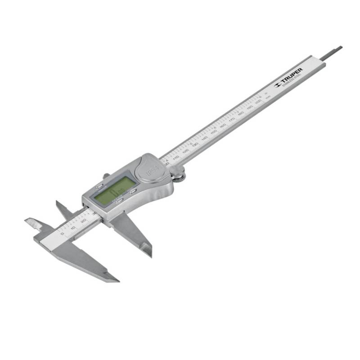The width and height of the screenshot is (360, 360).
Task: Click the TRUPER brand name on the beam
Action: tap(292, 76)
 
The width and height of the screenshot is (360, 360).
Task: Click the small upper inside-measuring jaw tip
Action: tap(58, 203)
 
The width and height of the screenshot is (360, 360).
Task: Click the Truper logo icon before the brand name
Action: tap(277, 85)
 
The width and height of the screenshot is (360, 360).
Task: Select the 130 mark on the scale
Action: tap(195, 144)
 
